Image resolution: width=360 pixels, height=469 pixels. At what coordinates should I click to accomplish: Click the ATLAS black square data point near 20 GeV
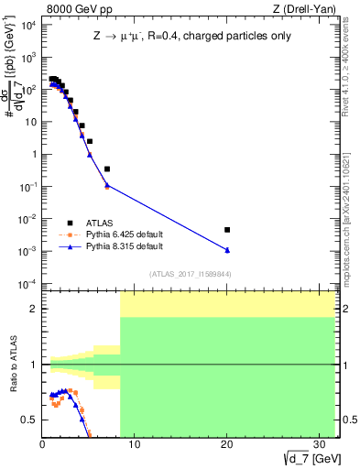pos(227,230)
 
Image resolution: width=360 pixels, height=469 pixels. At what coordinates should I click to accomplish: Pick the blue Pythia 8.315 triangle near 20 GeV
pos(227,250)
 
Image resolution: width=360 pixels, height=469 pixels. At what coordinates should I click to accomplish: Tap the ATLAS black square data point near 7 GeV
pos(107,169)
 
